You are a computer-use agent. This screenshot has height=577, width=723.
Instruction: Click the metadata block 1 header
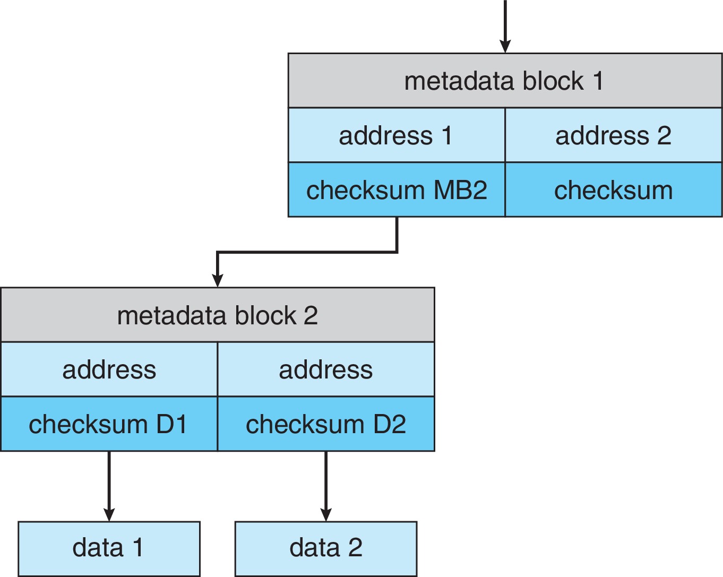[504, 81]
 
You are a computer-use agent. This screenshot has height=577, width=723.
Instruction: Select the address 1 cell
[396, 135]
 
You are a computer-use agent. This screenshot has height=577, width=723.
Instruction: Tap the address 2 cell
[613, 135]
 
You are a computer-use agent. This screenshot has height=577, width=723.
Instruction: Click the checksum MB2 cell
[396, 190]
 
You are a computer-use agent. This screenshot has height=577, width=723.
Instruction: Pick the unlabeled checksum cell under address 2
[613, 190]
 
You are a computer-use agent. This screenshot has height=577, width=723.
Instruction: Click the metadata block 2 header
[218, 315]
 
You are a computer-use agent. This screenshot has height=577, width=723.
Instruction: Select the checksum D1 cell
[109, 424]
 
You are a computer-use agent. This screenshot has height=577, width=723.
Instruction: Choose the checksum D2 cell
[326, 424]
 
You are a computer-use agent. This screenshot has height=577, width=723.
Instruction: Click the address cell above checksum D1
[109, 369]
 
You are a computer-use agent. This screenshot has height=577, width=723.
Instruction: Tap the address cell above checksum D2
[326, 369]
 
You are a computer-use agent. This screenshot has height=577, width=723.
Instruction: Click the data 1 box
[109, 548]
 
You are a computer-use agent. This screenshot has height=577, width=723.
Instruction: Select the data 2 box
[326, 548]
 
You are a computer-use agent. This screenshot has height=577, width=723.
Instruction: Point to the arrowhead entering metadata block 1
[505, 47]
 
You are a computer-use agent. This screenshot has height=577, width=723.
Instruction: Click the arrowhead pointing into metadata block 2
[217, 280]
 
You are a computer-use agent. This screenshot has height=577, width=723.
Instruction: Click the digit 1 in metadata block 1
[598, 81]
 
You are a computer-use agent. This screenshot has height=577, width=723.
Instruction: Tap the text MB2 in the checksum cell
[460, 190]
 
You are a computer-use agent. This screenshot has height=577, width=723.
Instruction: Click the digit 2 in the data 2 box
[355, 548]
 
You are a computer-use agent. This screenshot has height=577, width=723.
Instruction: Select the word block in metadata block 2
[265, 315]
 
